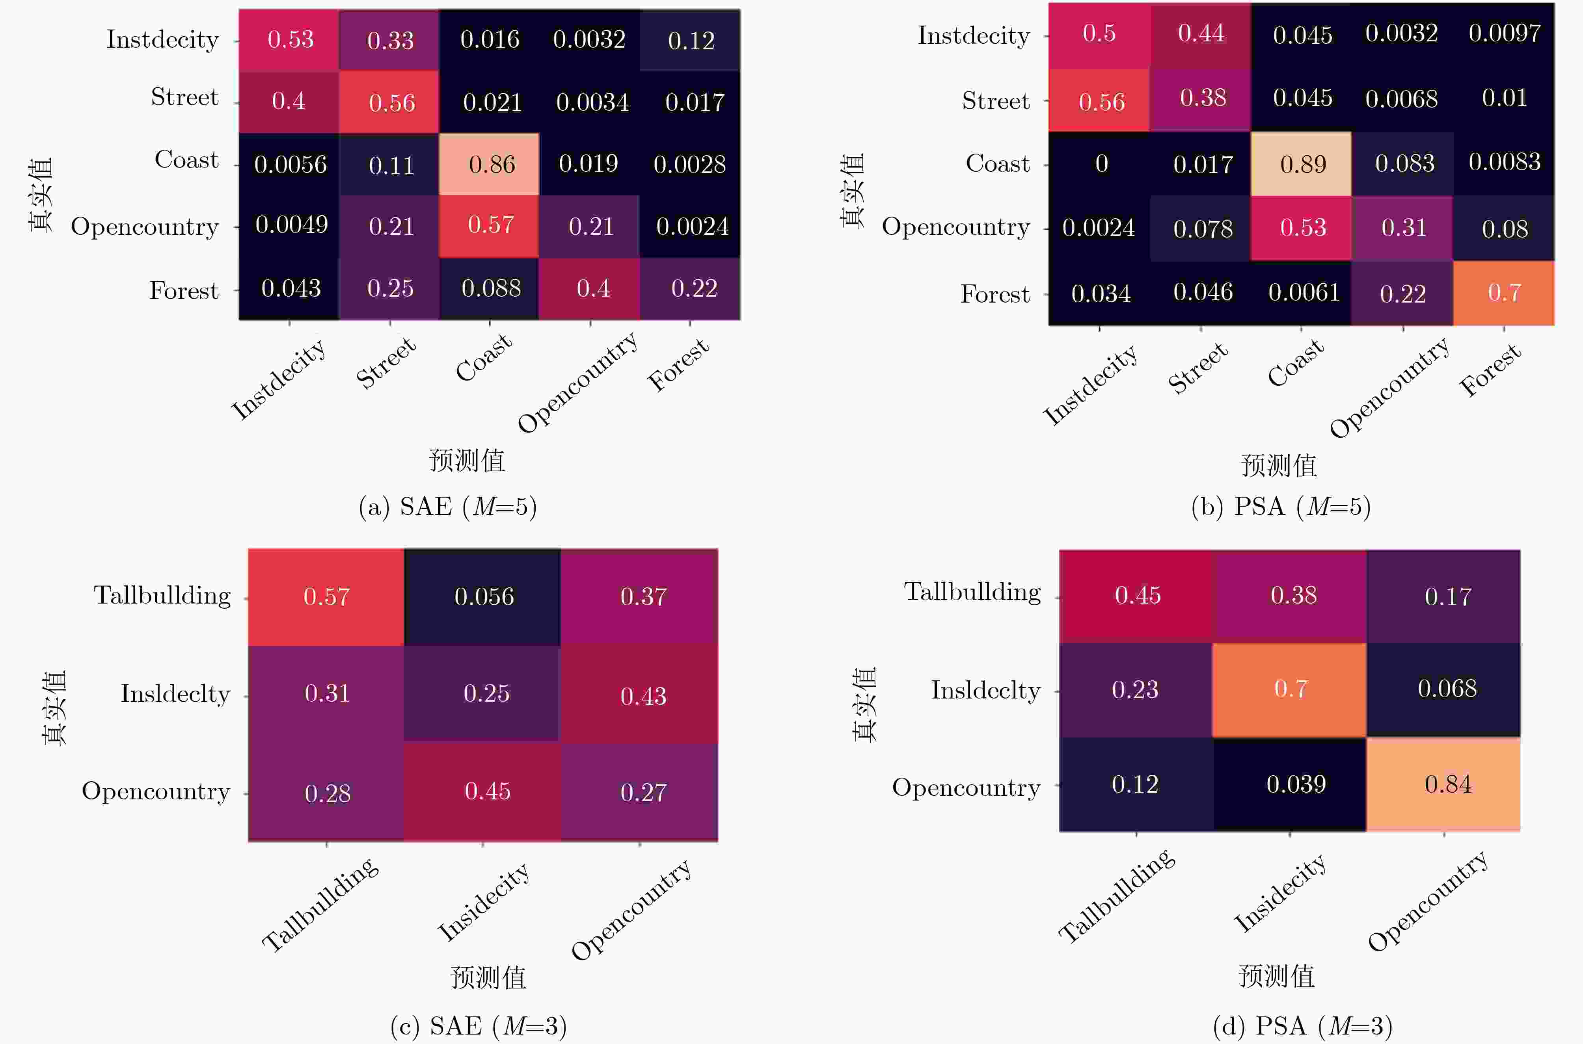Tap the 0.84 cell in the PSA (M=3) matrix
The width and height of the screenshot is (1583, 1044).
pyautogui.click(x=1444, y=784)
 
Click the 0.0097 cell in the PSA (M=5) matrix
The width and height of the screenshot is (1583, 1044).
pyautogui.click(x=1504, y=33)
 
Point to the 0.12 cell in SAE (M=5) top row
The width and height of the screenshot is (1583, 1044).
pyautogui.click(x=690, y=40)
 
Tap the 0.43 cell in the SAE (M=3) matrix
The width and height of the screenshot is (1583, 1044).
pyautogui.click(x=639, y=695)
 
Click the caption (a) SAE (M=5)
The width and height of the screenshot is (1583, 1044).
pyautogui.click(x=447, y=507)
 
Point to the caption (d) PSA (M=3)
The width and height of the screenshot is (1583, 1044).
pyautogui.click(x=1302, y=1026)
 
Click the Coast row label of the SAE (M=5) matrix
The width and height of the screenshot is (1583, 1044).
pyautogui.click(x=186, y=160)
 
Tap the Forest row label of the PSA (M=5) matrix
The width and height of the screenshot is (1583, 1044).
pyautogui.click(x=995, y=294)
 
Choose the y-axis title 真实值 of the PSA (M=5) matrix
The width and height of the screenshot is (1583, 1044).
pyautogui.click(x=853, y=191)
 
